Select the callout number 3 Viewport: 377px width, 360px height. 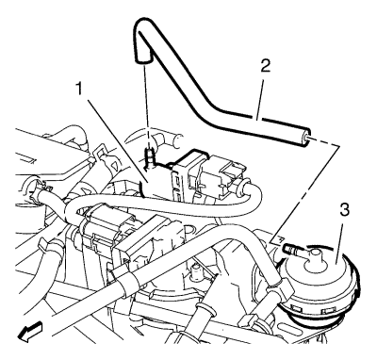point(344,210)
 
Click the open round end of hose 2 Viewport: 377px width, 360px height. point(306,138)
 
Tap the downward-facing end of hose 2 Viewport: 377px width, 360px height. point(142,59)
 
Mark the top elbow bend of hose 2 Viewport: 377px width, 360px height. point(143,26)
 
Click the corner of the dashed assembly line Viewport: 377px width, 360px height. point(339,146)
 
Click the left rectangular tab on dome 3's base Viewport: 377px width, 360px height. point(295,307)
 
